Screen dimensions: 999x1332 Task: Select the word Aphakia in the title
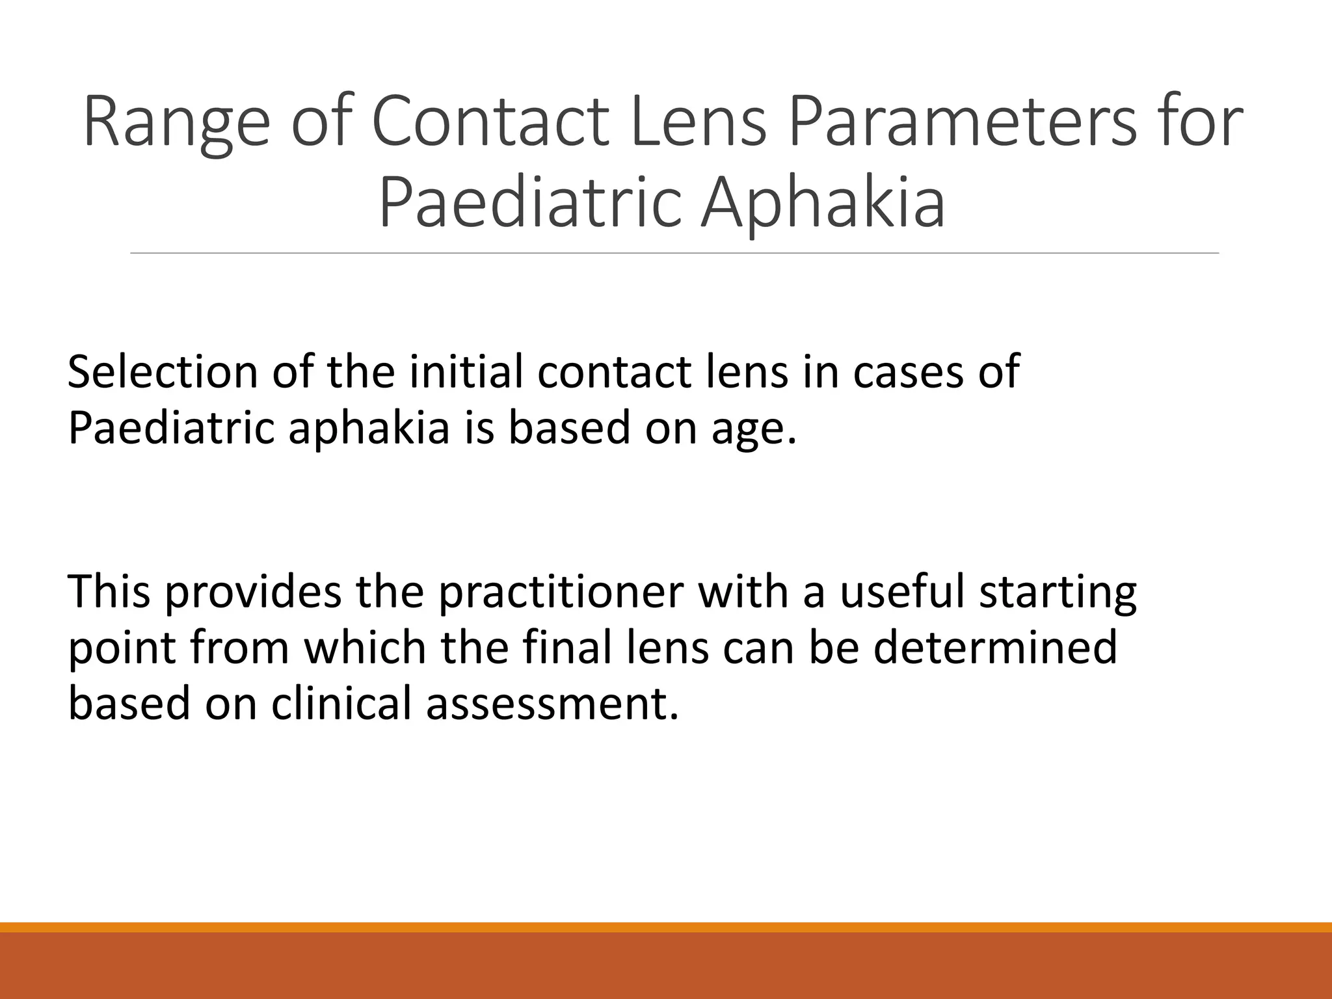tap(823, 203)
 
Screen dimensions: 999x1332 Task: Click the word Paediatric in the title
tap(529, 203)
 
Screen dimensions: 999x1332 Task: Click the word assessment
tap(552, 705)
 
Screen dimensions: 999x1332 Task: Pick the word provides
tap(253, 593)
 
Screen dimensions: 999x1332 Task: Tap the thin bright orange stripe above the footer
tap(666, 927)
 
